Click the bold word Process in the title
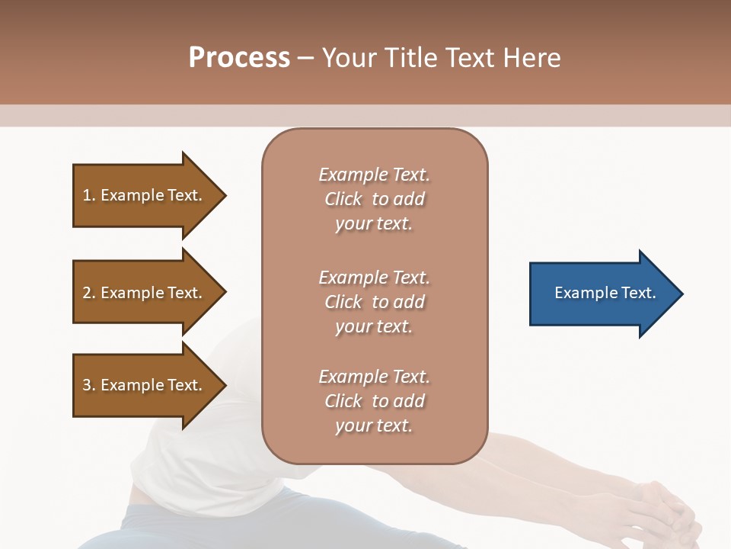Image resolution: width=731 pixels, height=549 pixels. click(239, 58)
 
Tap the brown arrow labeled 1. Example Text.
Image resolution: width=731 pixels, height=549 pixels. click(145, 195)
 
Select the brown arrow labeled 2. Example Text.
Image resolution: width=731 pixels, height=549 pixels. click(145, 293)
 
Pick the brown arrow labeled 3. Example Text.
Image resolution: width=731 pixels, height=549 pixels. click(145, 385)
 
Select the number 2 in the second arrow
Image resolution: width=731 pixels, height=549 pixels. click(87, 293)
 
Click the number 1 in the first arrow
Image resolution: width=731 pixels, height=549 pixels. click(87, 195)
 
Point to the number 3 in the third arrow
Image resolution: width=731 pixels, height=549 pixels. click(87, 385)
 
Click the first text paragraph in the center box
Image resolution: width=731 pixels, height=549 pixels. click(374, 199)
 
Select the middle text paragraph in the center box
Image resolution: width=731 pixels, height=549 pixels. click(374, 302)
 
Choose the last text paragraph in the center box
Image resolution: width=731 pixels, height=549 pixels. click(374, 401)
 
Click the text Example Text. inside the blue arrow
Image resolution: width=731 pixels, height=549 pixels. click(605, 293)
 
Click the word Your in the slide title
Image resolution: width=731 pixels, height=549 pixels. click(347, 58)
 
